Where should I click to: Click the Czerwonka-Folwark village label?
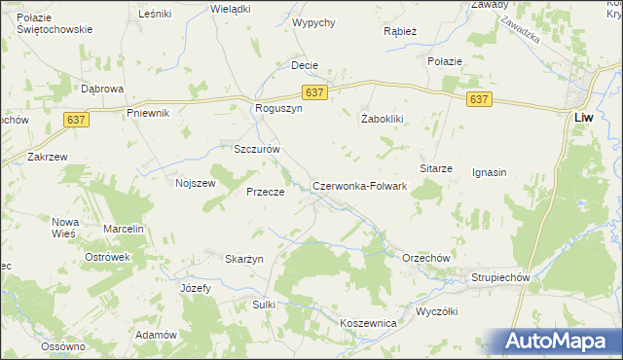359,186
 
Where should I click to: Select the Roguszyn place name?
279,109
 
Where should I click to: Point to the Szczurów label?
257,150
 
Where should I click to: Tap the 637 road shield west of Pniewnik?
79,118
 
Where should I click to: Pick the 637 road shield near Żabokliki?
479,99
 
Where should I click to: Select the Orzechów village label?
425,257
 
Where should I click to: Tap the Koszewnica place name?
368,322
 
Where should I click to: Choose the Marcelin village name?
124,229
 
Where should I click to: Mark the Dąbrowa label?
102,89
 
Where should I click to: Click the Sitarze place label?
436,168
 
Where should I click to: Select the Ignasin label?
491,173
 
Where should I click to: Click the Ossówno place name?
63,346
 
